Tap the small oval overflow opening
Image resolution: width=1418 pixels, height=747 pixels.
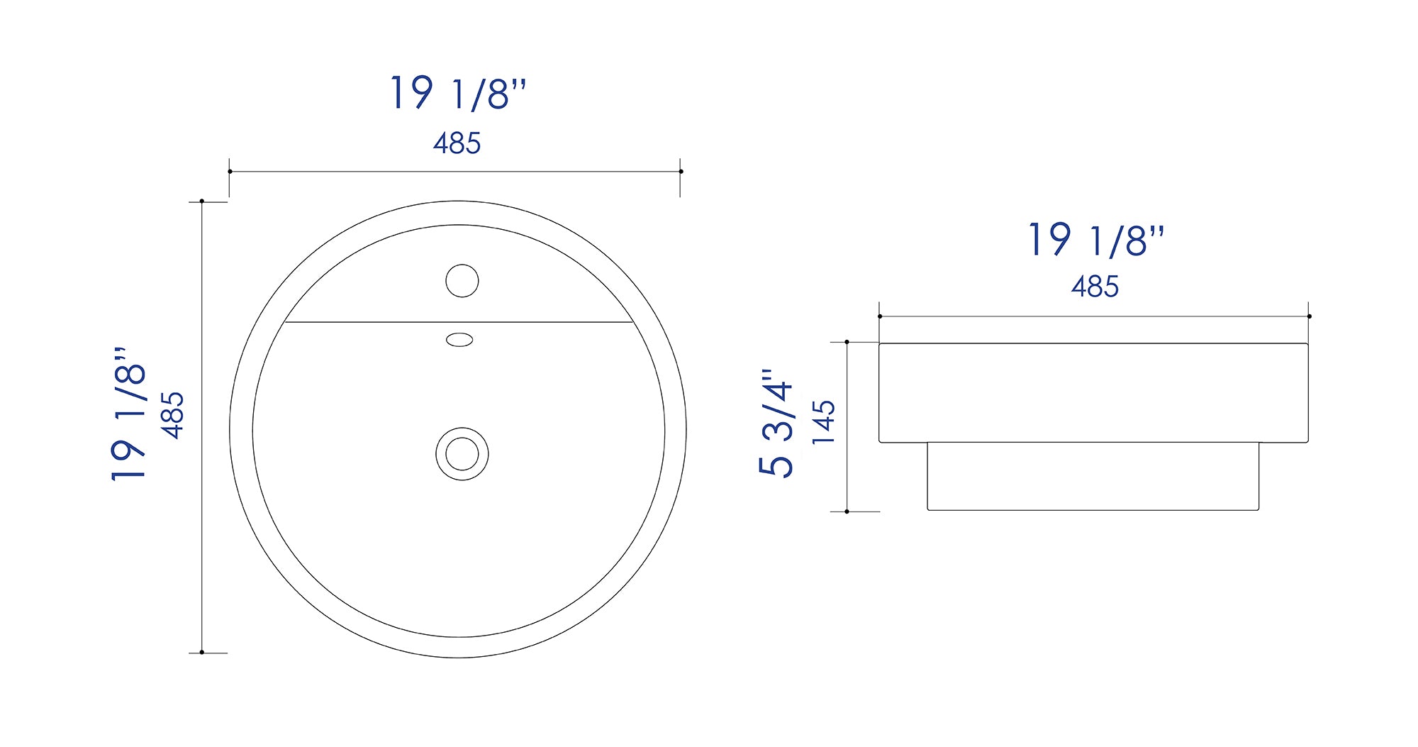point(459,340)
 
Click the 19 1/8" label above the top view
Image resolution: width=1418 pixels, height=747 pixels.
point(458,93)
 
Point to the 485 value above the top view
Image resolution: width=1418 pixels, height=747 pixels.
point(457,143)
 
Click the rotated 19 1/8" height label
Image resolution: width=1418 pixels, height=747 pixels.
point(128,414)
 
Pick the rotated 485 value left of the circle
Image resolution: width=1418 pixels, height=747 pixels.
point(172,415)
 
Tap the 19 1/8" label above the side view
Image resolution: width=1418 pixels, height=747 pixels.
point(1096,240)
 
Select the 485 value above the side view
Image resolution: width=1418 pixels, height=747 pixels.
point(1095,287)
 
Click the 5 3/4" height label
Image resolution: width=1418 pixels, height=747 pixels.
point(776,423)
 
